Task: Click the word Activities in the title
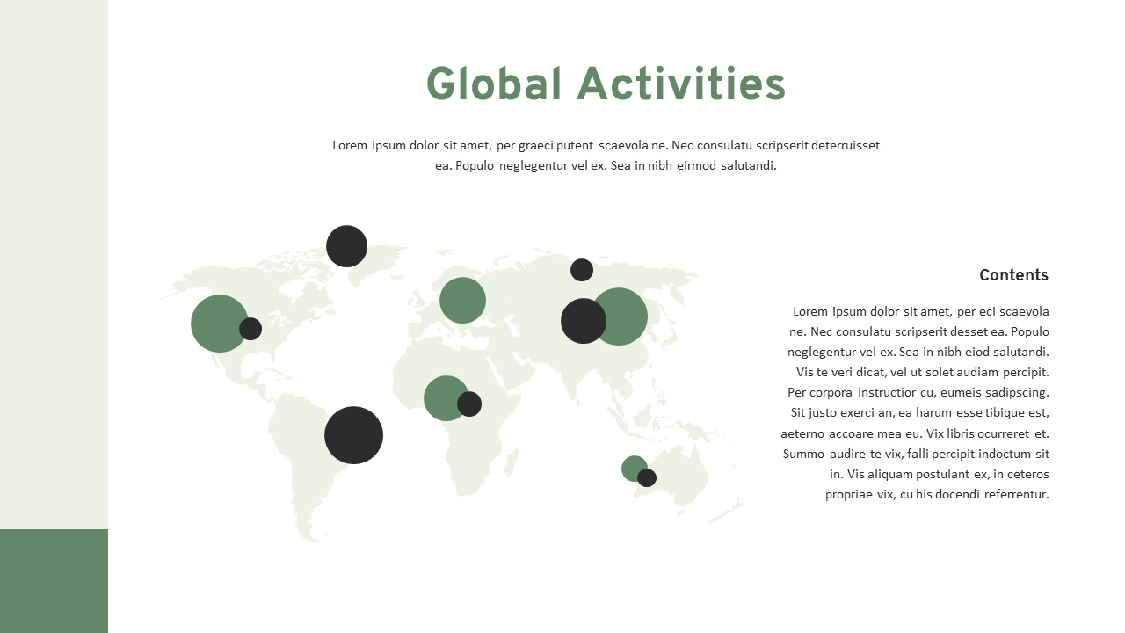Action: pos(681,84)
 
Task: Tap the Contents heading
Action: pos(1013,275)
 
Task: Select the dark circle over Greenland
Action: pos(346,246)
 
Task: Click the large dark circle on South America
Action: pos(353,435)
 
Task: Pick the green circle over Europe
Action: pos(462,300)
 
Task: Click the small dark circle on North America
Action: pos(250,329)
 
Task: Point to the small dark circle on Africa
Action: pos(469,404)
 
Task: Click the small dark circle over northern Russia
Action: pos(582,270)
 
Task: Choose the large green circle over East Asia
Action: pos(626,316)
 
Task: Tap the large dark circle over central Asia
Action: pos(583,321)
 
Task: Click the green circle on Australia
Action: pos(632,467)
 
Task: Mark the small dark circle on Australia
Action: pos(647,477)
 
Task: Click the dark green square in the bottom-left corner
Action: pos(54,580)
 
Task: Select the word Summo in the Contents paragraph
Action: pos(803,454)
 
